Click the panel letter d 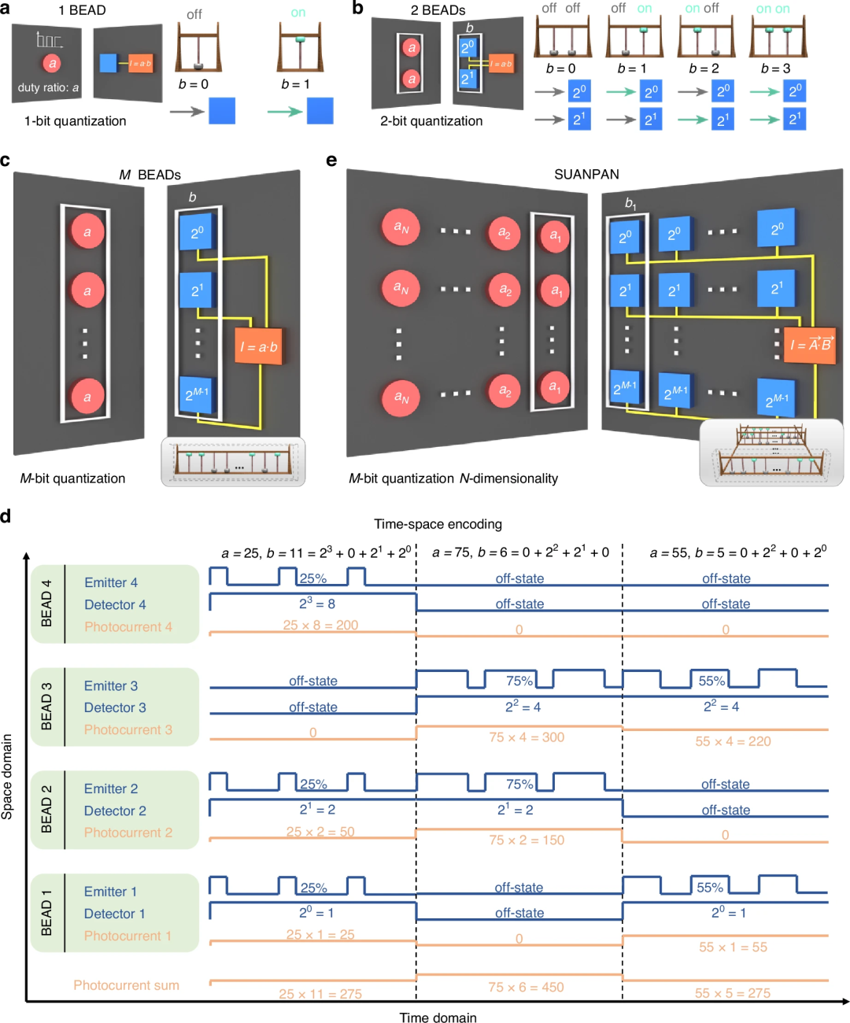6,517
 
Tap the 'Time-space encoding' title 438,524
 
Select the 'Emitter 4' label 111,582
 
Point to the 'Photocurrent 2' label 128,833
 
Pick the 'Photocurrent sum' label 126,985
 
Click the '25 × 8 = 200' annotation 320,625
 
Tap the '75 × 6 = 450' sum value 526,987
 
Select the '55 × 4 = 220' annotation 733,741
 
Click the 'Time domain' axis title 438,1017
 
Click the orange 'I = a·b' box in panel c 258,346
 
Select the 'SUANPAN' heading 586,174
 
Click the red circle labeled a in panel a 52,64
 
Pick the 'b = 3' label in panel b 775,68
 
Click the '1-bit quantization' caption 75,121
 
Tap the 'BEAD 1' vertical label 46,913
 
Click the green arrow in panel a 285,112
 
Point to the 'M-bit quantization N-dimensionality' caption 453,478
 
